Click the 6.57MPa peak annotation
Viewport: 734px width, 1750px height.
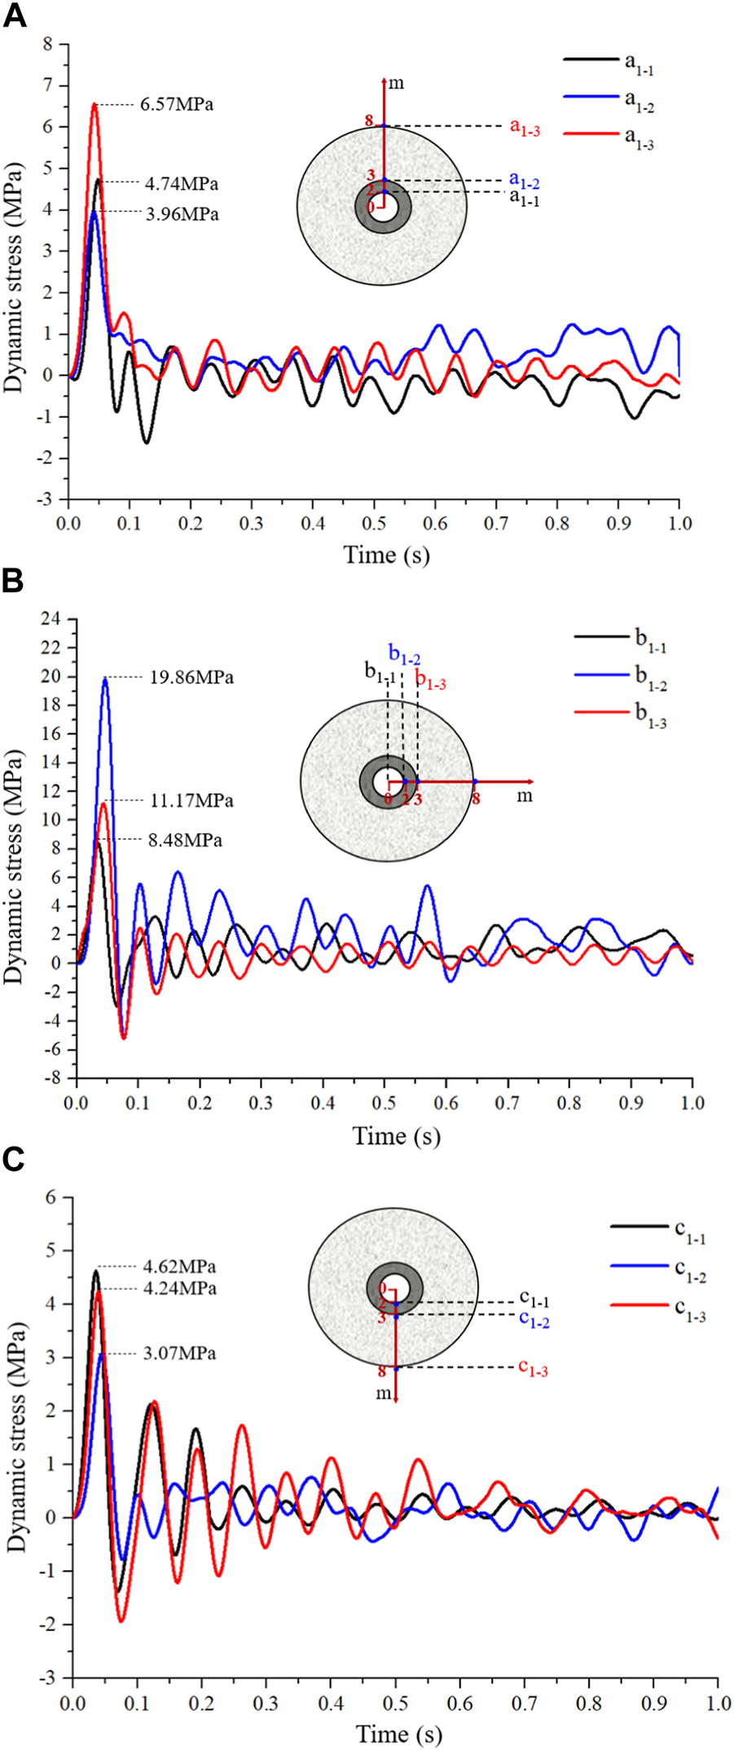[177, 104]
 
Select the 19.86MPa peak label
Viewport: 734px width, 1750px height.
[191, 678]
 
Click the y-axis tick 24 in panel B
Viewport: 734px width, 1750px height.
[52, 619]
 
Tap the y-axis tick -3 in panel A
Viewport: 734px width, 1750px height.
[46, 499]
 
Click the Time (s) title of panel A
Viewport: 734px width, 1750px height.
[387, 555]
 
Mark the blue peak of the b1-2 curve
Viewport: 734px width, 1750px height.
[104, 678]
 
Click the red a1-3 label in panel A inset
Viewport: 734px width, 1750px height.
[525, 128]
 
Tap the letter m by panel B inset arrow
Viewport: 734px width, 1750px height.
[525, 796]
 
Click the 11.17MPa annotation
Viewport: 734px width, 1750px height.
[191, 801]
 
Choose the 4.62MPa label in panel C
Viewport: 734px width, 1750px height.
[179, 1267]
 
